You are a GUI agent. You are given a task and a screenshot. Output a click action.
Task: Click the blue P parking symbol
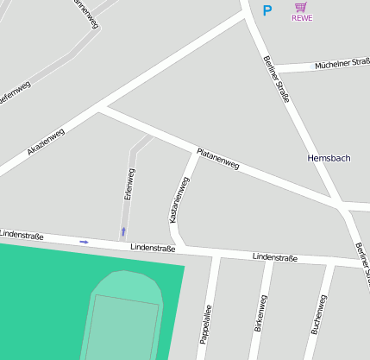point(267,10)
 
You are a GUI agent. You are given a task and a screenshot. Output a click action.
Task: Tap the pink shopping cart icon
point(301,7)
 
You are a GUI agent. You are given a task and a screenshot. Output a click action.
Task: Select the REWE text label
point(302,18)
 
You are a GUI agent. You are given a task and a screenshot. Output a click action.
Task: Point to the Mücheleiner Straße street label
point(342,63)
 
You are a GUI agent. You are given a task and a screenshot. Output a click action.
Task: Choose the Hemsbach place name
point(329,159)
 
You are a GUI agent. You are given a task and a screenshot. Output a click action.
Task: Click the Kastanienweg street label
point(179,199)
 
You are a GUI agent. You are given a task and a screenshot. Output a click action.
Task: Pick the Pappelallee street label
point(206,324)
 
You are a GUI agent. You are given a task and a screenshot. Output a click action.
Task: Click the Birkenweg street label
point(260,313)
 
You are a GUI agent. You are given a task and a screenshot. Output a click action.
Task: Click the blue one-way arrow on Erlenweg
point(123,231)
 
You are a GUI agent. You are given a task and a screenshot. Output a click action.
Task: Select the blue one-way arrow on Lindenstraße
point(84,242)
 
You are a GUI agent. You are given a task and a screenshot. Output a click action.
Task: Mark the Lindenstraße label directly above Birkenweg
point(274,257)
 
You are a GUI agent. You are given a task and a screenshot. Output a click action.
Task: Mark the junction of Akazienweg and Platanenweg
point(102,108)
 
